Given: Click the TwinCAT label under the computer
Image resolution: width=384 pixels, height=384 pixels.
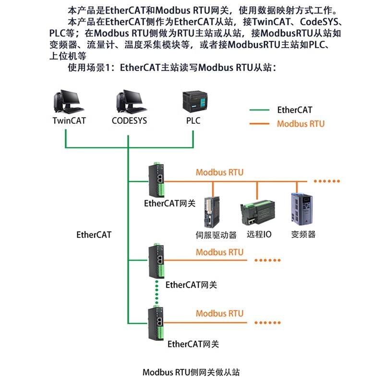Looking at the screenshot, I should click(x=69, y=120).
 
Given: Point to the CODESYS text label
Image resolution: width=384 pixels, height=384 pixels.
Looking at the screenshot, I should click(x=129, y=120).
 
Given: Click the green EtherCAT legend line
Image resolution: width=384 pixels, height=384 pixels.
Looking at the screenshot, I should click(x=260, y=110).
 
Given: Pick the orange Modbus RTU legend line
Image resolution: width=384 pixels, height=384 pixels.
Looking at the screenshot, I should click(x=260, y=124).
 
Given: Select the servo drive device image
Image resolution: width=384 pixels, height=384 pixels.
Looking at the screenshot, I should click(x=211, y=212).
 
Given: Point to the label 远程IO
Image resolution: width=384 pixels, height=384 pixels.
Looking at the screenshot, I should click(x=259, y=235).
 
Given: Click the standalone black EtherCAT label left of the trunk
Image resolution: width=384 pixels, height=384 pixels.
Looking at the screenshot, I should click(x=94, y=235).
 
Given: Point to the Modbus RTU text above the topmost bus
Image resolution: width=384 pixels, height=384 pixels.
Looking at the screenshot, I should click(x=219, y=172).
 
